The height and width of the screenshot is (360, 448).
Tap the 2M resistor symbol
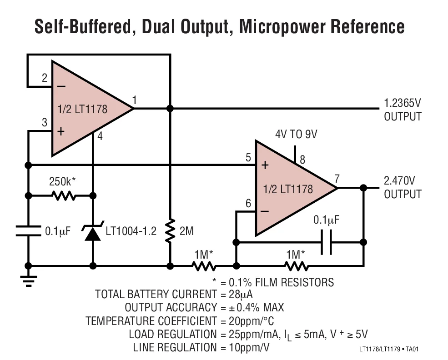[170, 231]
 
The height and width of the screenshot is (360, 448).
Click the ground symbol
[28, 281]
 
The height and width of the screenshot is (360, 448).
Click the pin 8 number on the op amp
[302, 159]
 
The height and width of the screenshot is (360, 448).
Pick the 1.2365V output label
[403, 110]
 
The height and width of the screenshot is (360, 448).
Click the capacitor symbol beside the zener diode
[28, 231]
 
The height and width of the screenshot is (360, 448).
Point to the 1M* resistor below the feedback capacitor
[296, 266]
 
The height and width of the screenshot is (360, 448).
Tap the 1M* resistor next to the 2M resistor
[203, 266]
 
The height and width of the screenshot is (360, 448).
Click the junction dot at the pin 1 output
[170, 109]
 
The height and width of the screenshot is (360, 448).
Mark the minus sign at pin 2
[61, 85]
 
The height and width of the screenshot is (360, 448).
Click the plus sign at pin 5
[265, 165]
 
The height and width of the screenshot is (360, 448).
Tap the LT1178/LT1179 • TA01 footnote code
[388, 349]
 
